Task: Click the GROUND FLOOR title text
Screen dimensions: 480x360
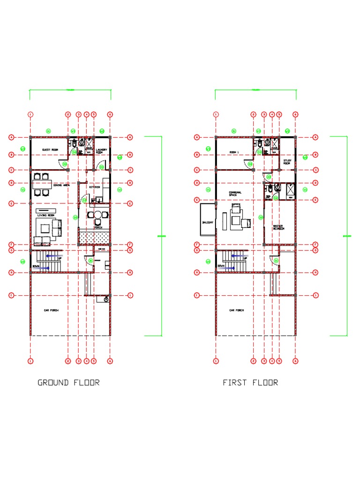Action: pos(68,382)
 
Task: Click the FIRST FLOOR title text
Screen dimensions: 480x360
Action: pos(250,382)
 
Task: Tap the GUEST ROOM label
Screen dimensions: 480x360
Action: pos(49,150)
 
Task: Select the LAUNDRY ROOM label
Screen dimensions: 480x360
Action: pos(102,151)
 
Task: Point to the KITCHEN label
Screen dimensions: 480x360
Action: pos(95,187)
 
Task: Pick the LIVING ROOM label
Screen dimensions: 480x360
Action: pos(46,216)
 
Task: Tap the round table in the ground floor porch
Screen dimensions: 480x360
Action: pos(97,215)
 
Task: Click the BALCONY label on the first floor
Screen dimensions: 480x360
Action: pos(208,223)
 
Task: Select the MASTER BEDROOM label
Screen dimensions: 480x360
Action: pos(279,227)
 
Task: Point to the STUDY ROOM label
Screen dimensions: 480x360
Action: pos(287,162)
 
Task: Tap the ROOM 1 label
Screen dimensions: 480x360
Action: pos(234,152)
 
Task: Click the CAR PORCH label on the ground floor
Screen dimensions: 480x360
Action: pos(51,310)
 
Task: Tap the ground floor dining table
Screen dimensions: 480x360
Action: pos(41,184)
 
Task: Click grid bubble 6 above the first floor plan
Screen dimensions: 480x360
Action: pos(295,114)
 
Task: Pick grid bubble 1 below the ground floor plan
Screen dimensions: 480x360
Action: pos(30,361)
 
